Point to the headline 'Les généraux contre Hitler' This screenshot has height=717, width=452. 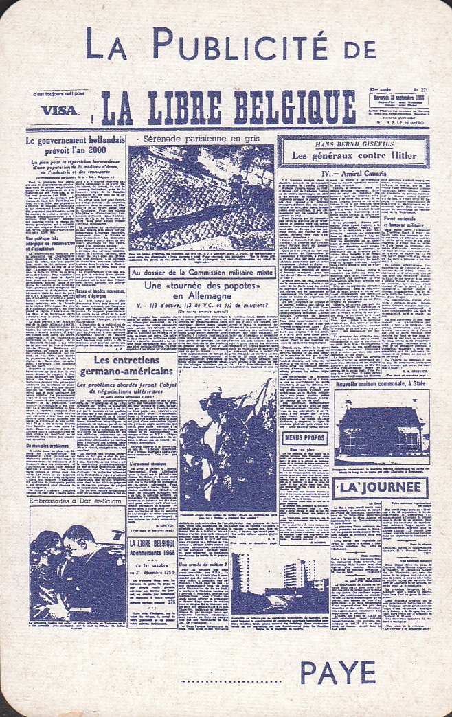[x=353, y=155]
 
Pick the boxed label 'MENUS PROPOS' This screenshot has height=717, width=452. [x=305, y=437]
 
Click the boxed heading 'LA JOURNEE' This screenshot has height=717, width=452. [x=380, y=488]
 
